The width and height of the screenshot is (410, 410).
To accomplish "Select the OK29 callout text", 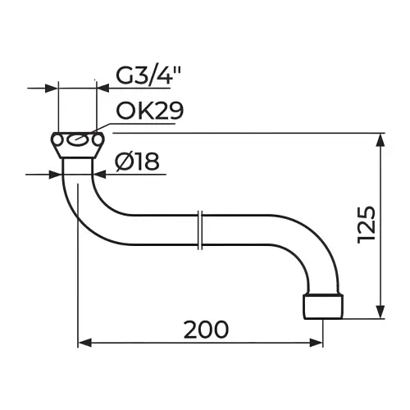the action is [149, 111].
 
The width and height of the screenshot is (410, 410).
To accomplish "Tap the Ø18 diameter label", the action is [137, 162].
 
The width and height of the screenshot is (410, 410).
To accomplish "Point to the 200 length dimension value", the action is [206, 330].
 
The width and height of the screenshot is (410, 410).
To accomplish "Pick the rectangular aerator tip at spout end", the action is [323, 307].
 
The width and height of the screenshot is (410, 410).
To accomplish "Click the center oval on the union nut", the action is [78, 140].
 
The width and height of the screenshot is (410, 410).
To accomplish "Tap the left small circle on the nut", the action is [57, 140].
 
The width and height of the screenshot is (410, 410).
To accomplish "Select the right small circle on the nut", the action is [98, 140].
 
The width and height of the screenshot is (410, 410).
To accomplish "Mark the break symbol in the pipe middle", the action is [200, 230].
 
